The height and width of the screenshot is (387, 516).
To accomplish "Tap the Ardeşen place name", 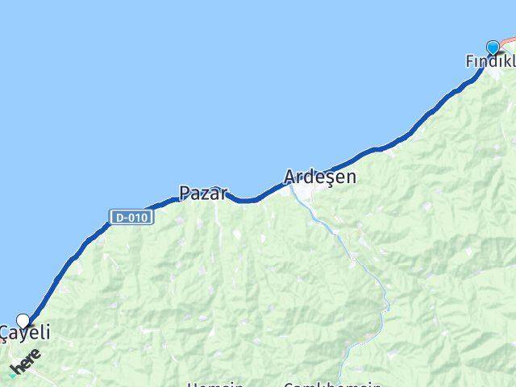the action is tap(319, 177).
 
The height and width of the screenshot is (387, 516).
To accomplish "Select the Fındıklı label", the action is tap(490, 62).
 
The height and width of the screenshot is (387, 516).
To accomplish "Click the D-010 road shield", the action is tap(131, 217).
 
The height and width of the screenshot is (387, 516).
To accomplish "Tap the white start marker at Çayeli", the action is tap(23, 320).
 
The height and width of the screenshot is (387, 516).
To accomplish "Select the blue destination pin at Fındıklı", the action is tap(493, 47).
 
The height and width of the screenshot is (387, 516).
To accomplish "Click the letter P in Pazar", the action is tap(185, 193).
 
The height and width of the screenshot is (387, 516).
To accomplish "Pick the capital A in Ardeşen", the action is tap(291, 177).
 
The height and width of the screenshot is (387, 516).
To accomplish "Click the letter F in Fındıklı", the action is tap(470, 62).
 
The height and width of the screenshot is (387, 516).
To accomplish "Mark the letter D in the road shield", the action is tap(119, 217).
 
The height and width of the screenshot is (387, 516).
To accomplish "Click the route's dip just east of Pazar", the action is tap(246, 200).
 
